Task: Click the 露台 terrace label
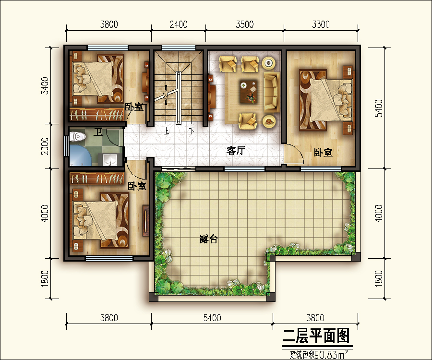[208, 239]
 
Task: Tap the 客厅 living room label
[236, 151]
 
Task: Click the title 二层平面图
[316, 336]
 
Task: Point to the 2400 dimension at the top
[179, 24]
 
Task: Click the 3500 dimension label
[244, 24]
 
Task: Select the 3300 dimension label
[321, 24]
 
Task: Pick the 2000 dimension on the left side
[45, 146]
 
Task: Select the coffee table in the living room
[249, 91]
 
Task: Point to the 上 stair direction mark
[166, 131]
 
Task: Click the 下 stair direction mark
[192, 131]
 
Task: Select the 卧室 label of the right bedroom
[323, 153]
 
